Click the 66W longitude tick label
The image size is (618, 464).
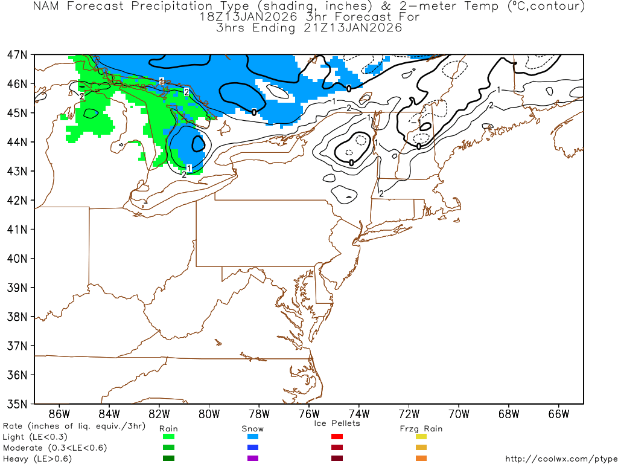pos(559,414)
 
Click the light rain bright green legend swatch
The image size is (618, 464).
pos(168,437)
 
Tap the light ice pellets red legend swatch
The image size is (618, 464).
pos(337,437)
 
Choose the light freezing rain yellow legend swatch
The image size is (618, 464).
pos(421,437)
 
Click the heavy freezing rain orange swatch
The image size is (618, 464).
pos(421,459)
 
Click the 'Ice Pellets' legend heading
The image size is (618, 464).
pos(337,423)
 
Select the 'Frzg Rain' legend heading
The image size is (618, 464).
pos(421,428)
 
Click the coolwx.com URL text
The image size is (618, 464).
pos(561,459)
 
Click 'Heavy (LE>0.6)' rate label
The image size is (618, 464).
pos(37,459)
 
